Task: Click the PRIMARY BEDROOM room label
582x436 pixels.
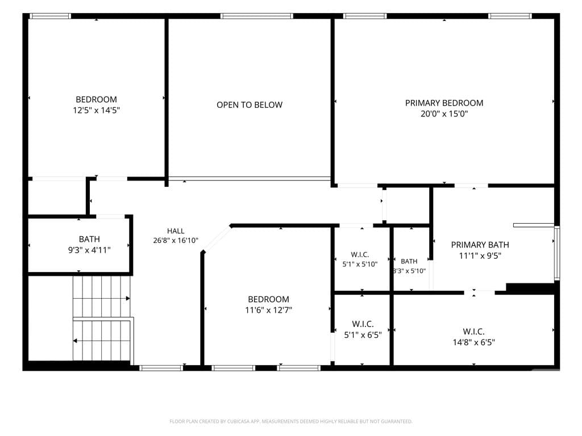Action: point(444,103)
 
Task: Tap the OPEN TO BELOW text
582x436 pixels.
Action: point(250,105)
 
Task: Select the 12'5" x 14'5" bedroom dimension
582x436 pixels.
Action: point(96,110)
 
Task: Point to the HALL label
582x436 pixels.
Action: point(176,231)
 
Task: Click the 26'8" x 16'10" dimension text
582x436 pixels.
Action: point(176,240)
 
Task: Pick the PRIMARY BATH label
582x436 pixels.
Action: point(480,245)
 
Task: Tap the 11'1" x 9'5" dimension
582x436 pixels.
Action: point(480,255)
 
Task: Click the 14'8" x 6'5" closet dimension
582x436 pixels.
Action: point(473,342)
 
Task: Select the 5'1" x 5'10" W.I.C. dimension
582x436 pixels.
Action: point(360,264)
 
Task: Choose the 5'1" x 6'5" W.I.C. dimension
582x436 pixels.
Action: point(363,335)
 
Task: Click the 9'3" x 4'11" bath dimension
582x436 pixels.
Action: point(89,250)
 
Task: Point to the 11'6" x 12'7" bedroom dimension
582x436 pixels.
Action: point(268,310)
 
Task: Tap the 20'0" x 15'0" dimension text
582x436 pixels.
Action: point(444,114)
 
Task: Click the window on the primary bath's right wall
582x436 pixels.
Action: point(557,252)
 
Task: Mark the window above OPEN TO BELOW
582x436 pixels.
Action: point(256,16)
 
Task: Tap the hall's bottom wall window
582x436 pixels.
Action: point(161,368)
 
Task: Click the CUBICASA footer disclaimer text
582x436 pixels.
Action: point(291,421)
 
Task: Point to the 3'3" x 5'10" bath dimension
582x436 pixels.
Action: point(409,271)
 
